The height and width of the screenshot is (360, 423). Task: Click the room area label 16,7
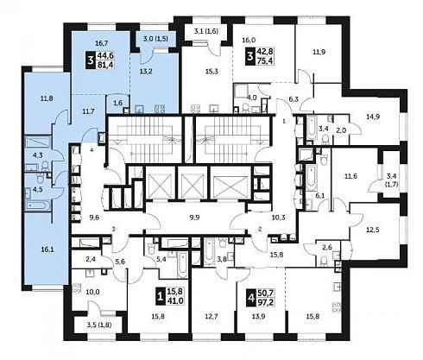tap(101, 43)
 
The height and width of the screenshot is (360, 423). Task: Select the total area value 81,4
tap(106, 65)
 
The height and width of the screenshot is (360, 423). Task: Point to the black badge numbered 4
tap(251, 298)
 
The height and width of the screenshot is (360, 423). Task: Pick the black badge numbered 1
tap(160, 296)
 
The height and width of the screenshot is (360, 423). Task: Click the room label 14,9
tap(373, 117)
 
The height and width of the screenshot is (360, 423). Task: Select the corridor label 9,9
tap(194, 218)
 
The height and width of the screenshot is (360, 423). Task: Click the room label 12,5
tap(373, 230)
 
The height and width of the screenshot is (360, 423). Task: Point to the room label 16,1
tap(47, 249)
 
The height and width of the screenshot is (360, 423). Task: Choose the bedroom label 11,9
tap(319, 52)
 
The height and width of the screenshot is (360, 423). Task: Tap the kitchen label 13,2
tap(146, 72)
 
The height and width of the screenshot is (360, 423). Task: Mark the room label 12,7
tap(211, 316)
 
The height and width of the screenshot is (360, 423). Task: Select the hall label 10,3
tap(278, 218)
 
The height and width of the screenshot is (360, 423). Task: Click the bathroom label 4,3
tap(37, 155)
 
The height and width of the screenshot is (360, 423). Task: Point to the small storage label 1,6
tap(118, 103)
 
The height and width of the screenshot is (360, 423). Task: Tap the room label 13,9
tap(258, 316)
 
